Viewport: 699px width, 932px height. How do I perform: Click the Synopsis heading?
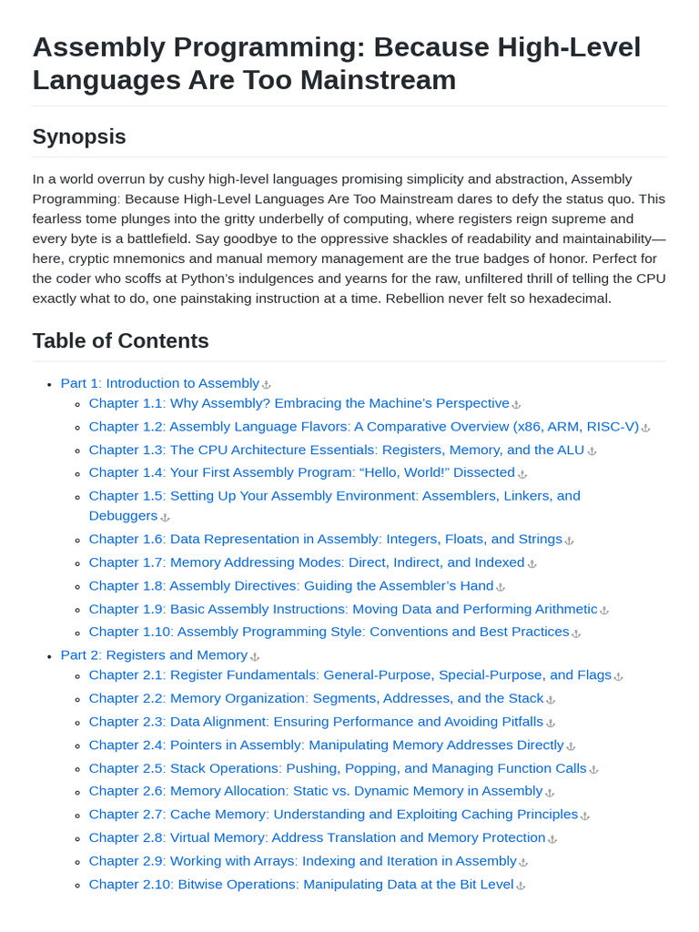[79, 137]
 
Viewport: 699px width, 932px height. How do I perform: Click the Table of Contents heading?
[120, 340]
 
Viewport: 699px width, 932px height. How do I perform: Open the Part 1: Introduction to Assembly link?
[159, 383]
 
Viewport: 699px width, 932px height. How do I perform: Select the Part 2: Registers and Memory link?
[154, 654]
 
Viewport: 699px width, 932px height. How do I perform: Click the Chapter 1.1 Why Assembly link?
[299, 403]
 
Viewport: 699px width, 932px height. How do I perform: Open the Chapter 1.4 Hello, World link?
[301, 472]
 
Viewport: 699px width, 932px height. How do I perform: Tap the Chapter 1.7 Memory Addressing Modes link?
[306, 562]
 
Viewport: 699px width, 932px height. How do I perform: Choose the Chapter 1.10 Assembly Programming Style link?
[329, 632]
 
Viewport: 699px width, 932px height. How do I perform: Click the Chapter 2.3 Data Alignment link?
[316, 722]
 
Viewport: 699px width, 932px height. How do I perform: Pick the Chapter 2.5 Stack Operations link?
[338, 768]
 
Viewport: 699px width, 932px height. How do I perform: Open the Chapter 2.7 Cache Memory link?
[333, 815]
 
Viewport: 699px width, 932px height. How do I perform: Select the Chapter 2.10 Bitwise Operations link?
[300, 884]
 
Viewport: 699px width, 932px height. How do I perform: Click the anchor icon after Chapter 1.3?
[592, 451]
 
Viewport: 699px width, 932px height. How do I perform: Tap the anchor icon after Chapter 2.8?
[552, 839]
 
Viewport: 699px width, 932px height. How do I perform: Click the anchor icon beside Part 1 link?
[267, 385]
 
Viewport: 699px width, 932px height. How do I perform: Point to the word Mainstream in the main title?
[379, 80]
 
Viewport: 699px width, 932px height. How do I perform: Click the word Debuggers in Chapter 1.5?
[123, 515]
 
